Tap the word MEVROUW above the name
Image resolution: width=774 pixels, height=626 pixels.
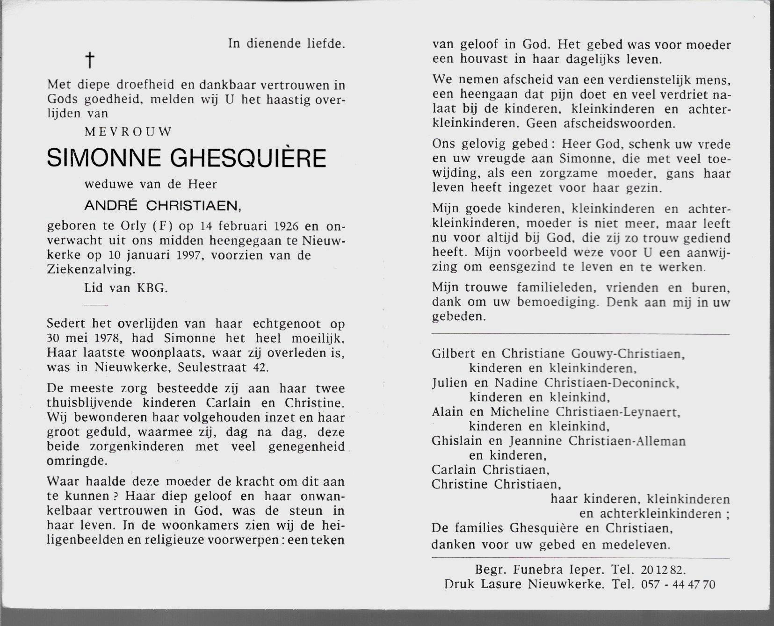pos(128,132)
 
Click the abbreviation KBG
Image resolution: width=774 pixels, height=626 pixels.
pos(152,288)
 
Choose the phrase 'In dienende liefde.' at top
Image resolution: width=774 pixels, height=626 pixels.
pos(287,43)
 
